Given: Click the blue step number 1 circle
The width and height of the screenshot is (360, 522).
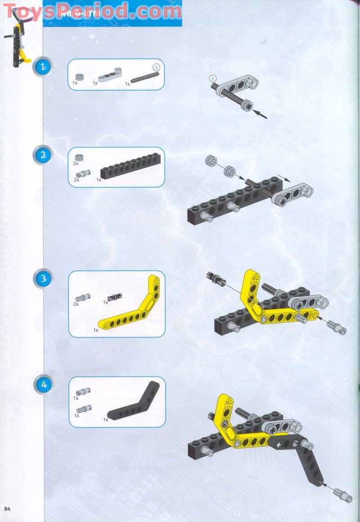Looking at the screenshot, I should (x=43, y=68).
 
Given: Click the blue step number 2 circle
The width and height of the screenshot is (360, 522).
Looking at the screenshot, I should (x=43, y=155).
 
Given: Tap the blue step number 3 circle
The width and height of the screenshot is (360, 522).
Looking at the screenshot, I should (x=43, y=278).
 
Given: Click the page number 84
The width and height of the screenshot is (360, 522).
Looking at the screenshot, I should (x=7, y=508).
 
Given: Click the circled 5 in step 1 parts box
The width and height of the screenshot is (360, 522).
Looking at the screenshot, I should (x=156, y=67).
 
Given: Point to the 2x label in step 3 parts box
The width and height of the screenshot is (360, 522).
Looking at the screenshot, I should (x=76, y=304).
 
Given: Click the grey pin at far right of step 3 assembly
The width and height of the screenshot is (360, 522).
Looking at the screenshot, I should (x=337, y=327).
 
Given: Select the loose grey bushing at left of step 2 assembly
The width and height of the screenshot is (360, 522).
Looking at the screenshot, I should (x=211, y=161).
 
